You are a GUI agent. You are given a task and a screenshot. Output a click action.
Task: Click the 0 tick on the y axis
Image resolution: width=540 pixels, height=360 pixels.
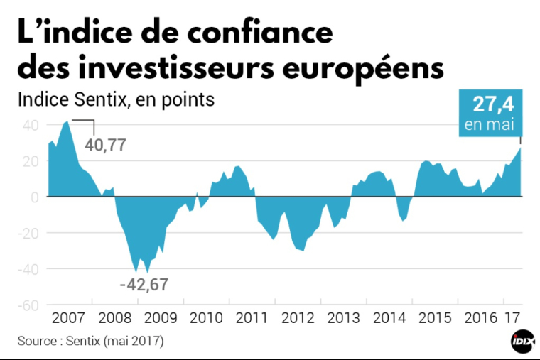click(x=33, y=197)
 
